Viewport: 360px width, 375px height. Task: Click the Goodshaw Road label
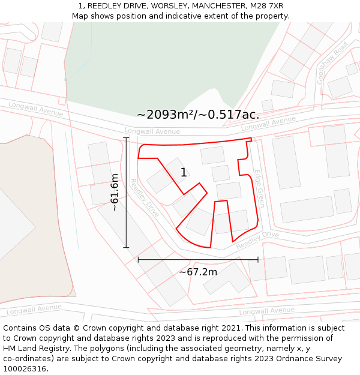tap(332, 62)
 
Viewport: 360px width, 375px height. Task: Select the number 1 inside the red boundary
tap(184, 173)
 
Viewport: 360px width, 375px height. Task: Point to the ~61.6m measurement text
tap(115, 193)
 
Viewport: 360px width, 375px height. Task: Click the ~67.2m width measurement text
tap(198, 272)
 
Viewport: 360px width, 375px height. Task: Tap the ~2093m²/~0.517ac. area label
tap(198, 115)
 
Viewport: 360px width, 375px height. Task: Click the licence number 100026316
tap(25, 369)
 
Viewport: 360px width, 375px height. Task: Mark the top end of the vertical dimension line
tap(126, 138)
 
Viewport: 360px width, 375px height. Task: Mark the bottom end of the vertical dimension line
tap(126, 247)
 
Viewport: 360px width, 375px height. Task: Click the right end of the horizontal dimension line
tap(258, 259)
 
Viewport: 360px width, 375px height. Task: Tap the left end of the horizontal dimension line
tap(138, 259)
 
